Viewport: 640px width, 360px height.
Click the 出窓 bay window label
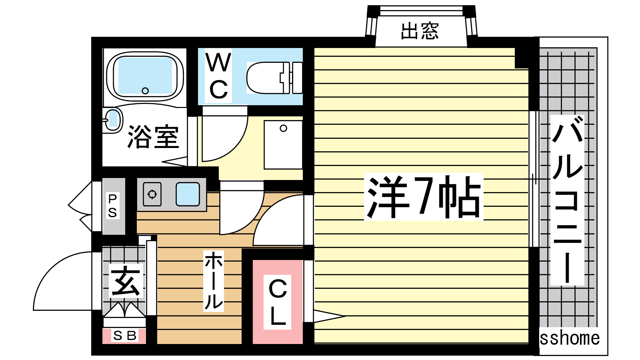click(x=420, y=31)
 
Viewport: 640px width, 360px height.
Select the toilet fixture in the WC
click(x=274, y=78)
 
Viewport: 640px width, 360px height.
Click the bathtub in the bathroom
click(x=145, y=76)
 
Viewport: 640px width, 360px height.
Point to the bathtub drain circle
click(x=145, y=91)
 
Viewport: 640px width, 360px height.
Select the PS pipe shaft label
click(x=112, y=206)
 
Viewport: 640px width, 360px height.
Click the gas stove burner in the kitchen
click(x=152, y=194)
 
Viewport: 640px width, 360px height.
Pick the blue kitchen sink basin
click(x=188, y=194)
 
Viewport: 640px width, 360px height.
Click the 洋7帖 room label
click(x=424, y=197)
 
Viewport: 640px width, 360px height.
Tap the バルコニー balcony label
click(x=568, y=200)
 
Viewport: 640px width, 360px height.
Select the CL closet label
click(x=278, y=302)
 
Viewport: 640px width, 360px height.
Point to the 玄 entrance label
click(x=126, y=280)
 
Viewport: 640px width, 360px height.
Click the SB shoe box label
click(x=125, y=336)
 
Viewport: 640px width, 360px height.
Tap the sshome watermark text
click(x=570, y=338)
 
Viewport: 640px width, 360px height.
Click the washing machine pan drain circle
click(x=284, y=128)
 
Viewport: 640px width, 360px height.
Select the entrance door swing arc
click(x=62, y=281)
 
